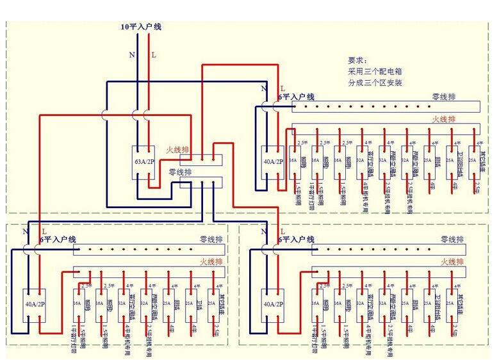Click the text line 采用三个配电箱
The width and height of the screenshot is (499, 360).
[x=375, y=70]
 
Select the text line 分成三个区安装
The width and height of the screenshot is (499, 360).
[x=375, y=83]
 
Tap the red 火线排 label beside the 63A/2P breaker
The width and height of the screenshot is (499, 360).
[x=177, y=150]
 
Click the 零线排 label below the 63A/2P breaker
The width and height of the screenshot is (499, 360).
[x=179, y=172]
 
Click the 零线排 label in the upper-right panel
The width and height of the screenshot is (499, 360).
[x=444, y=97]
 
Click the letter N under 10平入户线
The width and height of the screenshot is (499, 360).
[x=132, y=55]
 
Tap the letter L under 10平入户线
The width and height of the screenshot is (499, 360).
[x=153, y=55]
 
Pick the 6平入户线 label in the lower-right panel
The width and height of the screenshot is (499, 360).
[x=296, y=240]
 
